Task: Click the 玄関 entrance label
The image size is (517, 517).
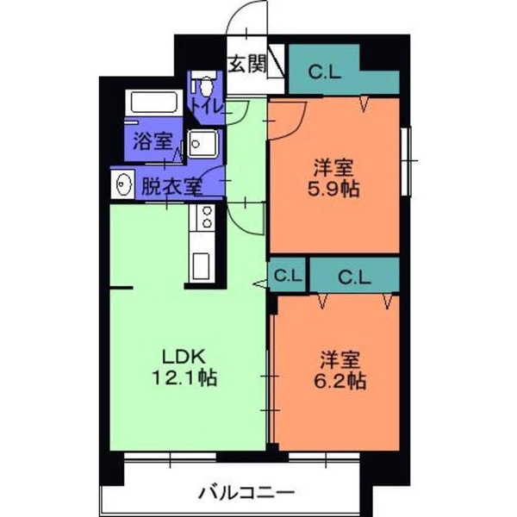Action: pyautogui.click(x=246, y=64)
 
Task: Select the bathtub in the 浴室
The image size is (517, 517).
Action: pyautogui.click(x=154, y=104)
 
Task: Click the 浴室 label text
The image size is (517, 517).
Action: pyautogui.click(x=153, y=143)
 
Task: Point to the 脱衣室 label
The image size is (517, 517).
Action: pyautogui.click(x=171, y=185)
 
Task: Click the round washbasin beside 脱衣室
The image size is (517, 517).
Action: pyautogui.click(x=123, y=184)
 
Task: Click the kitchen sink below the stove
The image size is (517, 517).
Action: pyautogui.click(x=203, y=265)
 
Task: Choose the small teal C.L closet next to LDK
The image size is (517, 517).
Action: pyautogui.click(x=288, y=277)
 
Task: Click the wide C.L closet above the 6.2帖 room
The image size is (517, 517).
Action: pyautogui.click(x=354, y=277)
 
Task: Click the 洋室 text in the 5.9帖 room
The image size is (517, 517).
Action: pyautogui.click(x=333, y=165)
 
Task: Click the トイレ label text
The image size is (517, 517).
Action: pyautogui.click(x=207, y=106)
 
